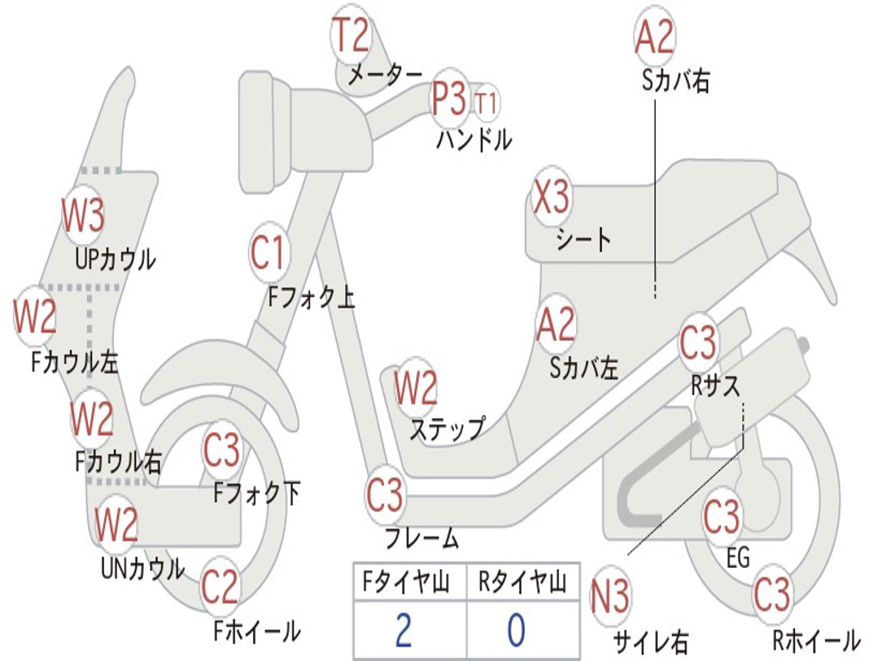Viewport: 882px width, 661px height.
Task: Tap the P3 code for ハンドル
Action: click(449, 99)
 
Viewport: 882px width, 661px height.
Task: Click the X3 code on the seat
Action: click(551, 198)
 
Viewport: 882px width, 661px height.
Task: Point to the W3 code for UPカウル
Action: click(83, 215)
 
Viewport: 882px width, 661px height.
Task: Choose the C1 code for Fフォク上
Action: click(268, 252)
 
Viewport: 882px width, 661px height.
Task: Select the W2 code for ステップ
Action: click(416, 388)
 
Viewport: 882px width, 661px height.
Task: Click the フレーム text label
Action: click(421, 540)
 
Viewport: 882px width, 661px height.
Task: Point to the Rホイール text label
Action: click(815, 639)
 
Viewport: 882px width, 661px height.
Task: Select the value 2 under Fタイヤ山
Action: click(404, 630)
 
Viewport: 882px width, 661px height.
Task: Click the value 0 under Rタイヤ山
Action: click(516, 630)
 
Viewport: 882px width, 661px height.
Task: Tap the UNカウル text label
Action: click(143, 568)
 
